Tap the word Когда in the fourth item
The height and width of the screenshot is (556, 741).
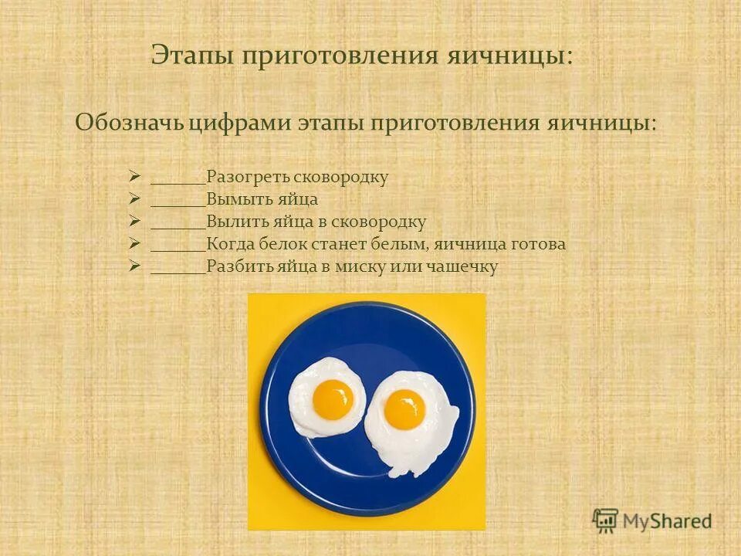pyautogui.click(x=229, y=245)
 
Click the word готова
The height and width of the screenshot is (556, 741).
pyautogui.click(x=537, y=245)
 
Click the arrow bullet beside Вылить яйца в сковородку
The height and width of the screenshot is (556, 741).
pyautogui.click(x=134, y=222)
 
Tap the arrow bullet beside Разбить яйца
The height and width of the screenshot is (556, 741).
pyautogui.click(x=134, y=266)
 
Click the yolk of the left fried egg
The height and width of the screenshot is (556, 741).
pyautogui.click(x=333, y=399)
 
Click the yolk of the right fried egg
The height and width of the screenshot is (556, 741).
pyautogui.click(x=404, y=409)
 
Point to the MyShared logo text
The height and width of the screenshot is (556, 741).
pyautogui.click(x=667, y=520)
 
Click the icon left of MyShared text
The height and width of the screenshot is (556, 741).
pyautogui.click(x=606, y=520)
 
